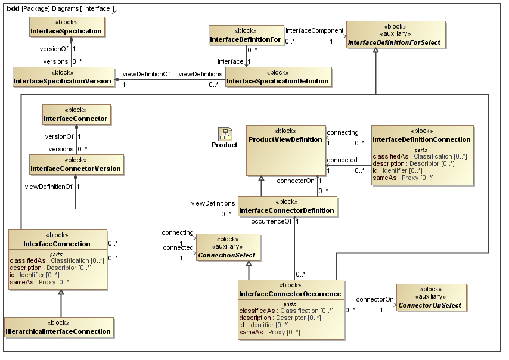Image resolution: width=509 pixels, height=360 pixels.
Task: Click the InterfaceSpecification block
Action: [x=66, y=27]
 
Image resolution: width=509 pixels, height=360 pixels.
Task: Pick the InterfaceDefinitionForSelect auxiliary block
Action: [x=396, y=35]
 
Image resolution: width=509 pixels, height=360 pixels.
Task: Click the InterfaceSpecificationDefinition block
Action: [x=277, y=77]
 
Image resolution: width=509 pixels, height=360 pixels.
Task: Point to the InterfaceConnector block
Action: [x=76, y=114]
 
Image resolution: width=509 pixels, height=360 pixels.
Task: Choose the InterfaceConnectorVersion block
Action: [x=76, y=165]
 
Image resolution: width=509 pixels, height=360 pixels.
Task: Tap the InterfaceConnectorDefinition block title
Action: [x=287, y=210]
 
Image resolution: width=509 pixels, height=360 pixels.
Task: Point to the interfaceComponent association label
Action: [x=315, y=30]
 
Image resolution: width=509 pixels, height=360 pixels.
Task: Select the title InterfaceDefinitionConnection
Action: [x=421, y=139]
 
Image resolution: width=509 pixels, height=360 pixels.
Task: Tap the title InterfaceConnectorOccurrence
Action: [x=290, y=294]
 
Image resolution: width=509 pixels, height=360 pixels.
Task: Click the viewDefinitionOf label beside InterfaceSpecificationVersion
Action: [x=146, y=74]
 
